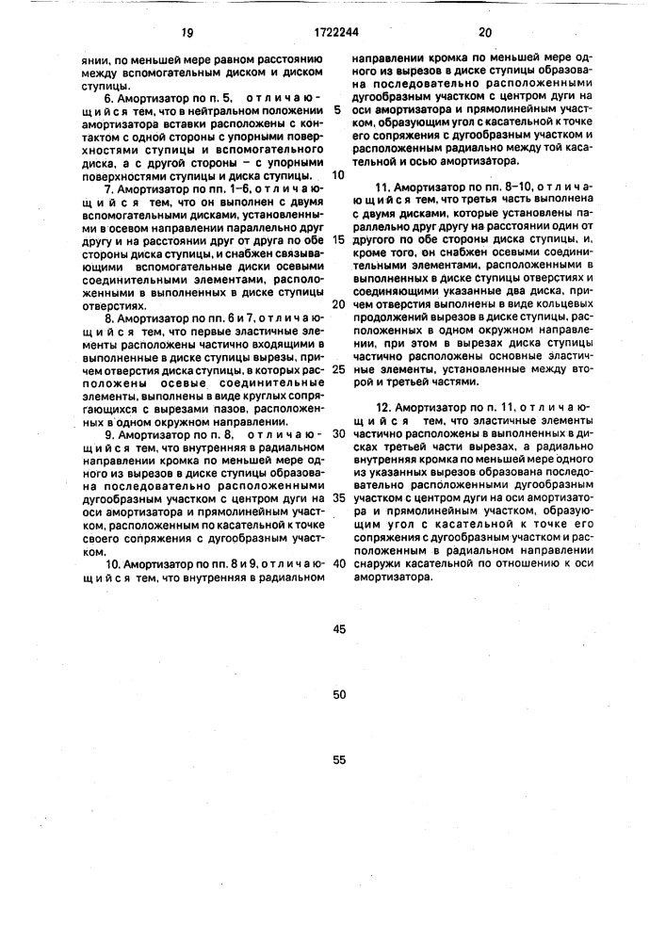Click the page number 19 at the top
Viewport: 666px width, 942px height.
click(187, 30)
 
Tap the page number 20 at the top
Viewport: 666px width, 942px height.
click(486, 30)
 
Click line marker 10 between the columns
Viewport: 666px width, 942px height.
click(339, 174)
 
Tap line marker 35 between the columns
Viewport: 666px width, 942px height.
click(339, 498)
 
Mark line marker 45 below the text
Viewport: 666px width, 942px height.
click(339, 628)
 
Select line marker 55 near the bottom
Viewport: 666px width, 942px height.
click(339, 758)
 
